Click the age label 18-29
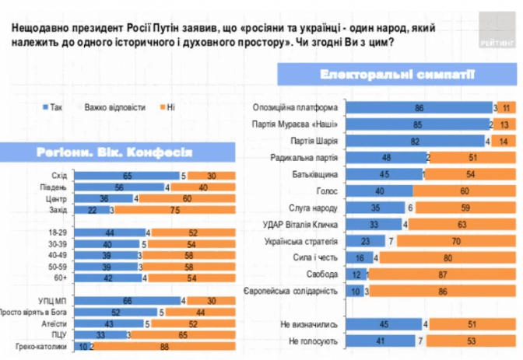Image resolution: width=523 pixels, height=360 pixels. (58, 232)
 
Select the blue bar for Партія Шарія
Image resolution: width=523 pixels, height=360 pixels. (414, 140)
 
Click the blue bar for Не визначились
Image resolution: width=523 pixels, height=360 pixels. (383, 324)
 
